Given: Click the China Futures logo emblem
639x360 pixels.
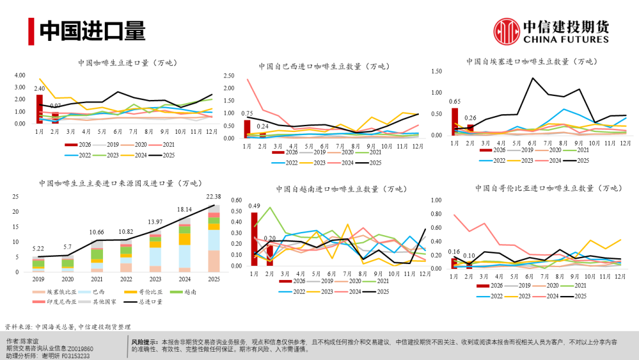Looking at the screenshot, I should tap(506, 31).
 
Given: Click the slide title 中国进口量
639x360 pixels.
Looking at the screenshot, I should tap(92, 31).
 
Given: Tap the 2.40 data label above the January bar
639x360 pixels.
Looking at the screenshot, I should tap(39, 88).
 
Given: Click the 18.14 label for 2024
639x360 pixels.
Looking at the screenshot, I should tap(185, 210).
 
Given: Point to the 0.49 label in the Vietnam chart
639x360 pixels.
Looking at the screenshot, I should tap(254, 206).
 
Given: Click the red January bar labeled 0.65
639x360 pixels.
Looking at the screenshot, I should tap(454, 121).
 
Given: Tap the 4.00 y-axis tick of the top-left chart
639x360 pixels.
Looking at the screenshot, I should tap(20, 76).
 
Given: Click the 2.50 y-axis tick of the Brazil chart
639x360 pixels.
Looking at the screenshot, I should tap(230, 76).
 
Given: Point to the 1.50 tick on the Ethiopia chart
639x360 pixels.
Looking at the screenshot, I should tap(437, 72).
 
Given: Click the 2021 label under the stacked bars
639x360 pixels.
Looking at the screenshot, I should tap(96, 278).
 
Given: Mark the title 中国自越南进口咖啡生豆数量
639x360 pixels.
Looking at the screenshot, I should tap(341, 189).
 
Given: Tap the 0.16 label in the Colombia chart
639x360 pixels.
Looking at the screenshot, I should tap(454, 252).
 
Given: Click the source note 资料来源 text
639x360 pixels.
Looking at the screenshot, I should tap(67, 326).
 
